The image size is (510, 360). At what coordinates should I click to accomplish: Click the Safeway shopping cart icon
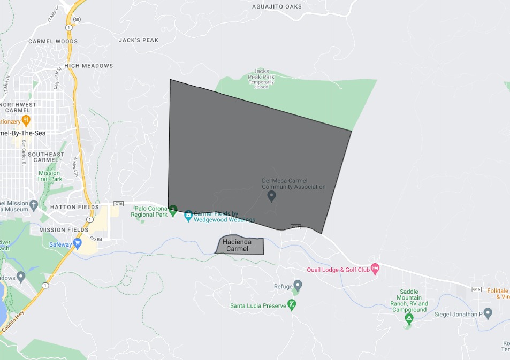point(78,244)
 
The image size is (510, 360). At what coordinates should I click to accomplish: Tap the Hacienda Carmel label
point(237,246)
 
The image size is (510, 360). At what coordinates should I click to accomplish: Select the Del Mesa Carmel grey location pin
point(271,196)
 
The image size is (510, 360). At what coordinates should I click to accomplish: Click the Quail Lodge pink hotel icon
point(375,269)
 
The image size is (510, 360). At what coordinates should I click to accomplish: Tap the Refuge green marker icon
point(297,287)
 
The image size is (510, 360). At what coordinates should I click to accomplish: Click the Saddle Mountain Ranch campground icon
point(409,319)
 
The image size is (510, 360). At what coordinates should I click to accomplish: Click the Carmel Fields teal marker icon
point(188,216)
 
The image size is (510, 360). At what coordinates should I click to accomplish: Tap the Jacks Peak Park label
point(261,78)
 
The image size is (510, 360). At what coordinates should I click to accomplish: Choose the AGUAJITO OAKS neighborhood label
point(277,7)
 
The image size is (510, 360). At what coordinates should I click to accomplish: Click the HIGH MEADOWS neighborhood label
point(88,66)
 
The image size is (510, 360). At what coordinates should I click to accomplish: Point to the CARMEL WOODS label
point(53,41)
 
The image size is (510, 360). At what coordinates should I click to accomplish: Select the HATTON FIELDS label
point(74,207)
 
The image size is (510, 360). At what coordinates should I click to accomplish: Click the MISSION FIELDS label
point(64,230)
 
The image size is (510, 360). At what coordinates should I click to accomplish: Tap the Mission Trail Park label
point(49,176)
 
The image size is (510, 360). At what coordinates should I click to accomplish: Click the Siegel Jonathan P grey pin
point(488,313)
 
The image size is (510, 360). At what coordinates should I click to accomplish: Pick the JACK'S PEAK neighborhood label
point(139,40)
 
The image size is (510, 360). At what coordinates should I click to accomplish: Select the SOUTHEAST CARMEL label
point(49,157)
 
